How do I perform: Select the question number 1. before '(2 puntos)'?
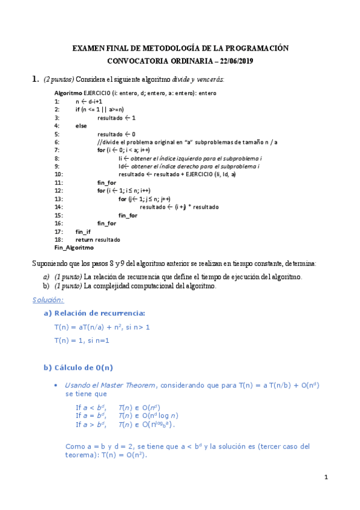click(35, 79)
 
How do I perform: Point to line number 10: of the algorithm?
click(59, 174)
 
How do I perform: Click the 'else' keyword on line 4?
click(81, 126)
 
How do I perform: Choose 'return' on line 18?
click(84, 239)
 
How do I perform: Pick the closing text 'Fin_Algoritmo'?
click(74, 248)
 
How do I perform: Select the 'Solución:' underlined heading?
click(47, 300)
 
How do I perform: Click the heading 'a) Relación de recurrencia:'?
click(94, 313)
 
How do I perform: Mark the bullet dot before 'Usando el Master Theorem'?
click(55, 385)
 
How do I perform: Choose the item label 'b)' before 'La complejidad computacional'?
click(46, 286)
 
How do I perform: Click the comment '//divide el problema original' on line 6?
click(138, 142)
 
